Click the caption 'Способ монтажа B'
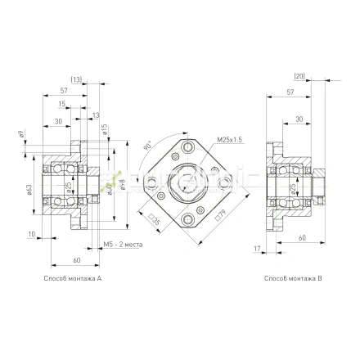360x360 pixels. (293, 279)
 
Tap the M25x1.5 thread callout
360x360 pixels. (230, 139)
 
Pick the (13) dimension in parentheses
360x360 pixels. (99, 80)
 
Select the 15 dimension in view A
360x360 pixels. (62, 104)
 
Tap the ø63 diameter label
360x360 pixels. (29, 189)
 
